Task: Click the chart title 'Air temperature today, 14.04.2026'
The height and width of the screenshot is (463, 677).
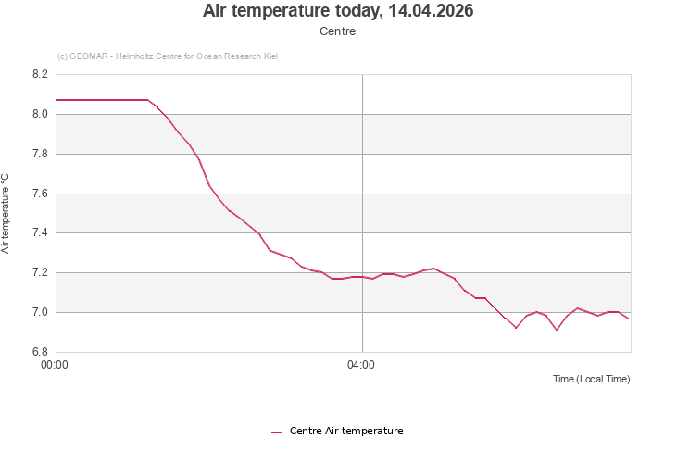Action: pyautogui.click(x=338, y=11)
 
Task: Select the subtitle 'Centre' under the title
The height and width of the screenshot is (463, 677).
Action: pyautogui.click(x=338, y=31)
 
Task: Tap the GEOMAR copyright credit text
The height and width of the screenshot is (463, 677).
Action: pyautogui.click(x=168, y=56)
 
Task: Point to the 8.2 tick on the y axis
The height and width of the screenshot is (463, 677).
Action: pyautogui.click(x=39, y=75)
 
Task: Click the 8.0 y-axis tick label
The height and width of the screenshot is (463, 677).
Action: pyautogui.click(x=39, y=115)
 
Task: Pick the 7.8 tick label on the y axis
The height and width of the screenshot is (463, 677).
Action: pyautogui.click(x=39, y=154)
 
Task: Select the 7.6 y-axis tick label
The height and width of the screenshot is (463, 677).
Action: pyautogui.click(x=39, y=194)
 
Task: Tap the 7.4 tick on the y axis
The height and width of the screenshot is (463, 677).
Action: pyautogui.click(x=39, y=233)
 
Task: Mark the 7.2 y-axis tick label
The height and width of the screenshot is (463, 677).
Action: pyautogui.click(x=39, y=273)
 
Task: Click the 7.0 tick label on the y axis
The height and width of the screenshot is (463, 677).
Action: pyautogui.click(x=39, y=312)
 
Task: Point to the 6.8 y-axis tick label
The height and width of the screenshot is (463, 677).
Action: pyautogui.click(x=39, y=352)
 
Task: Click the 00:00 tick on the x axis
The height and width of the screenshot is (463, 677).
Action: pyautogui.click(x=56, y=365)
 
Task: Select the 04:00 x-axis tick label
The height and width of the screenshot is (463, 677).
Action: pyautogui.click(x=361, y=365)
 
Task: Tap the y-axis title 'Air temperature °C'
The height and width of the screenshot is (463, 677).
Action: pyautogui.click(x=6, y=213)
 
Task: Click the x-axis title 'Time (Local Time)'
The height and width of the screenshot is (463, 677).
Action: pyautogui.click(x=591, y=379)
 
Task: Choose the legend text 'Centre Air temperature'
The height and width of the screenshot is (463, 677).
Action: pyautogui.click(x=346, y=431)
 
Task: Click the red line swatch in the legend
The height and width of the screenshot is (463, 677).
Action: pyautogui.click(x=276, y=432)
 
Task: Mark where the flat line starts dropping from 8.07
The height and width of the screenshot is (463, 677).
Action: pyautogui.click(x=148, y=100)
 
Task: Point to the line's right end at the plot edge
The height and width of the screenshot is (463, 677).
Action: pyautogui.click(x=629, y=319)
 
